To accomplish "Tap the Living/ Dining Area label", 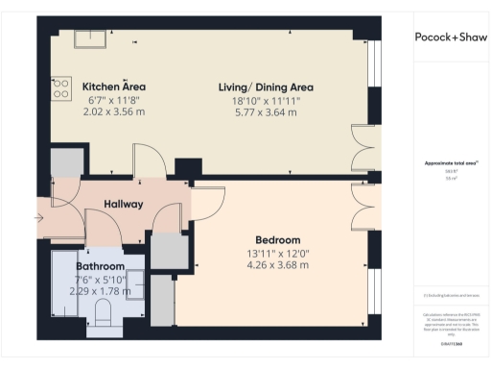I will coord(266,87).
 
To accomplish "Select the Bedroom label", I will coord(277,239).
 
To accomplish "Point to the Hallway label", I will coord(124,204).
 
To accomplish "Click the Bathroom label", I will coord(102,266).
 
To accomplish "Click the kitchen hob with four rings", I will coord(60,88).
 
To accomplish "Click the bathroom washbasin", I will coord(135,286).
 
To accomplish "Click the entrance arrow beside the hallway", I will coord(37,218).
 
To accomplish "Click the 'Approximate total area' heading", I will coord(450,162).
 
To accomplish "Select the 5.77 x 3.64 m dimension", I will coord(266,111).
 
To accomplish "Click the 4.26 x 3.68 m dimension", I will coord(277,264).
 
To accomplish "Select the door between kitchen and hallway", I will coord(148,161).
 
